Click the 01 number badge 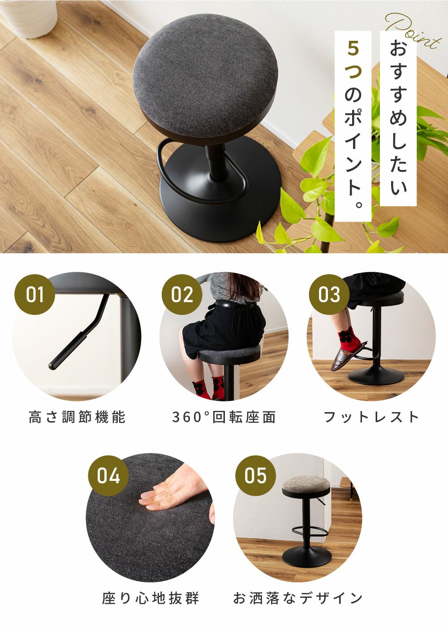coord(35,295)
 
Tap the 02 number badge coord(182,295)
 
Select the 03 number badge coord(329,295)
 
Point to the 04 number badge coord(108,476)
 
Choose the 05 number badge coord(255,476)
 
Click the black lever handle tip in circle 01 coord(52,366)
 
